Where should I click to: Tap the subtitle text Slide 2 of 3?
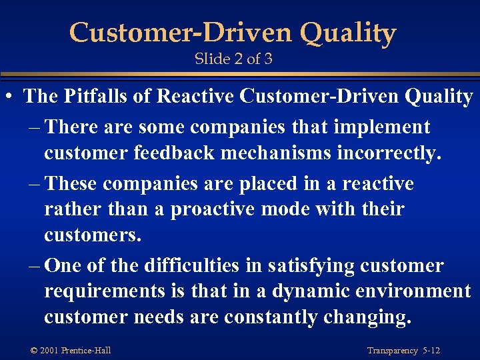click(x=233, y=59)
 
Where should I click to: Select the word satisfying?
click(x=311, y=265)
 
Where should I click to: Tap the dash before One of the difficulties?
click(x=33, y=265)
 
